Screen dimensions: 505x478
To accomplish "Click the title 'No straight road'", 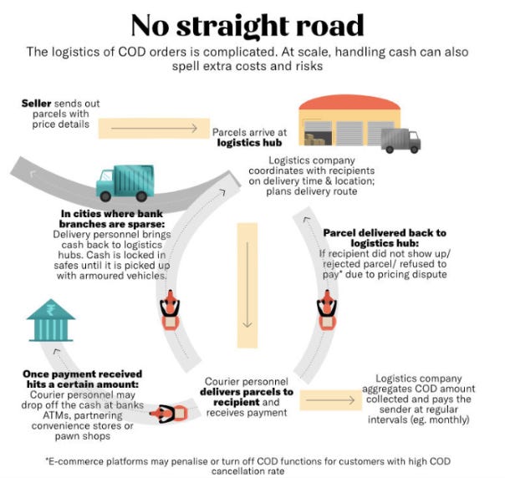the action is coord(247,24).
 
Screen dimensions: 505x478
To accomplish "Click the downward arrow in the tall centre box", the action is coord(246,284).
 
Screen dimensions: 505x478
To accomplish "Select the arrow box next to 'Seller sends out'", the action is coord(152,128).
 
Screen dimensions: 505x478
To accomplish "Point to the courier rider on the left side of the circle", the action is coord(171,311).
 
